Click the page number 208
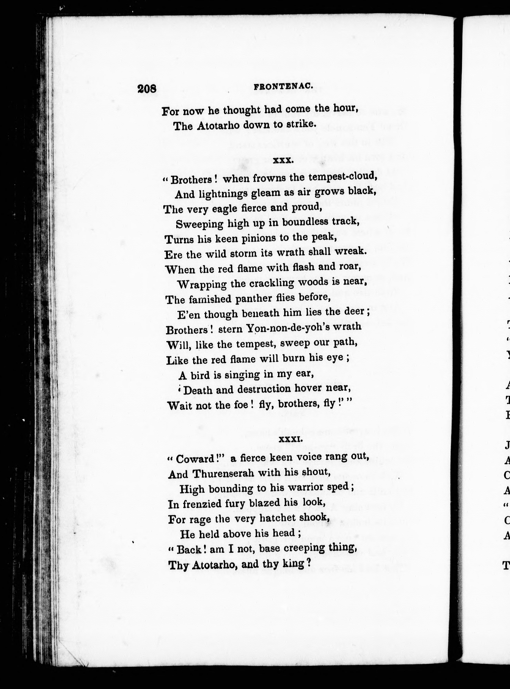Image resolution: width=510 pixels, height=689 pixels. (147, 88)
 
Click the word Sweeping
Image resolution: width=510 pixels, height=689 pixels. (200, 224)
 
